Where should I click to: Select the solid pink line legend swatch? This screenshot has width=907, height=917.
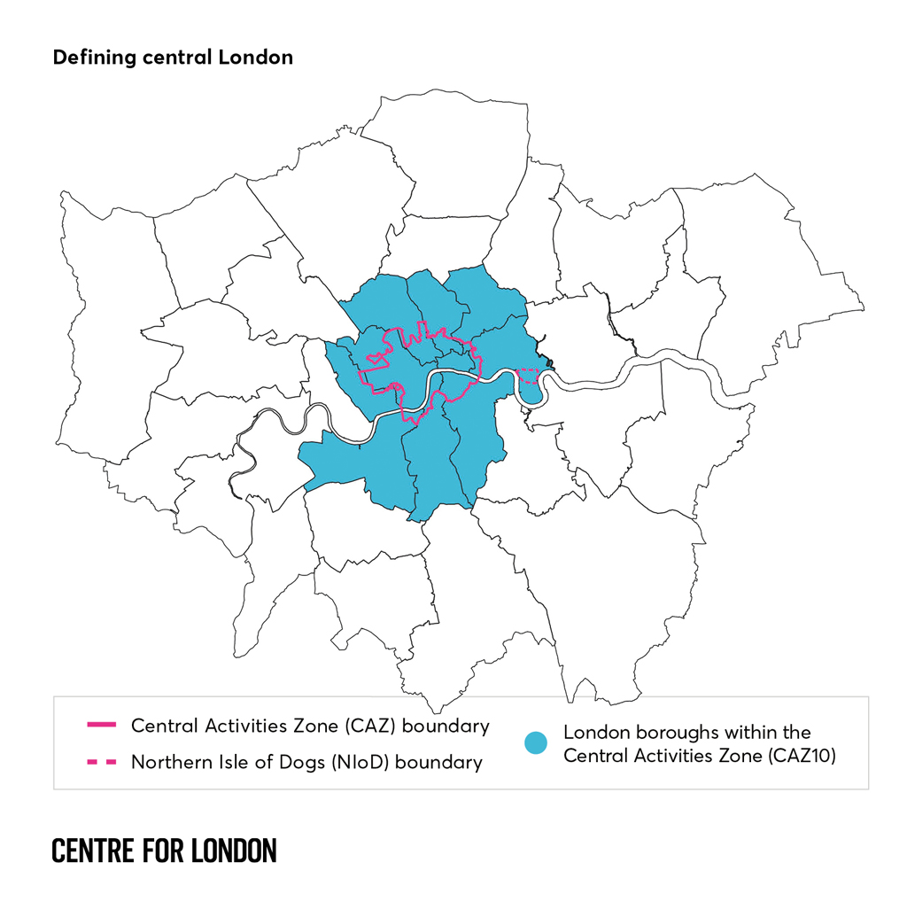point(101,727)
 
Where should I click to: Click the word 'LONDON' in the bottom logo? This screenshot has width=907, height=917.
point(234,851)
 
